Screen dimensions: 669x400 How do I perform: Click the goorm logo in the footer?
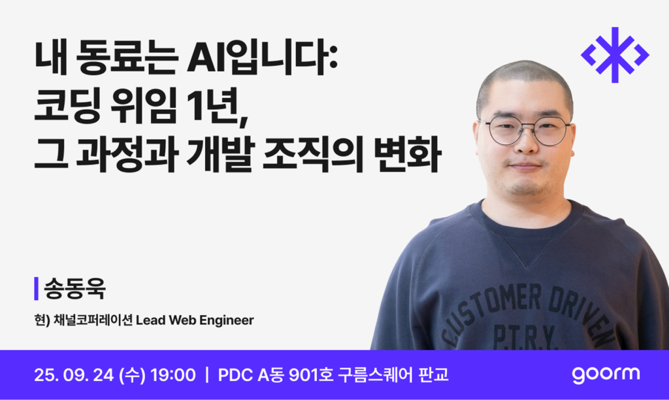pos(606,375)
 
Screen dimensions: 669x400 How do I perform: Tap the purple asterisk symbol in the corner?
pos(615,55)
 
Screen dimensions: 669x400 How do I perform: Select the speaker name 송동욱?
pos(74,289)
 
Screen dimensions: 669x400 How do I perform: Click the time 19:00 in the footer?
pos(172,375)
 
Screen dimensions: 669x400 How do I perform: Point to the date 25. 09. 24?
pos(74,375)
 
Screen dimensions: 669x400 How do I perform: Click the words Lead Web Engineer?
pos(195,320)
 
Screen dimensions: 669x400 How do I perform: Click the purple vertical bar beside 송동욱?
pos(37,289)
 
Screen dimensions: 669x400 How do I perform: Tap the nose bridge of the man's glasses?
pos(527,127)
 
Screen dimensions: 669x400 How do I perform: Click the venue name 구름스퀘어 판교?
pos(393,375)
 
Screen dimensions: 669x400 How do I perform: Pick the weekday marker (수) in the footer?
pos(132,375)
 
